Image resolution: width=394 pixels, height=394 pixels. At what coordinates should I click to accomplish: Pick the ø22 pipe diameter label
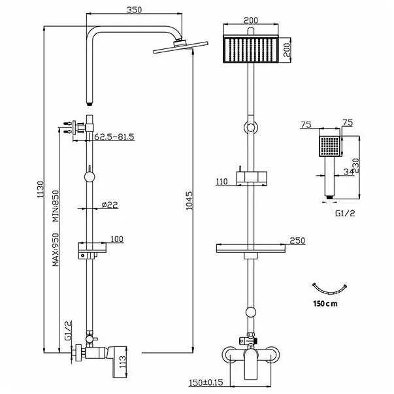[109, 205]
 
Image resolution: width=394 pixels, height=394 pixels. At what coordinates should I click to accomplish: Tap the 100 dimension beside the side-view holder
[116, 239]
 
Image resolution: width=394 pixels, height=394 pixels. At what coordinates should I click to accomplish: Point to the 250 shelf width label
[298, 240]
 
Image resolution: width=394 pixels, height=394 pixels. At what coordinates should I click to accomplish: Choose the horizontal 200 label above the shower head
[250, 20]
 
